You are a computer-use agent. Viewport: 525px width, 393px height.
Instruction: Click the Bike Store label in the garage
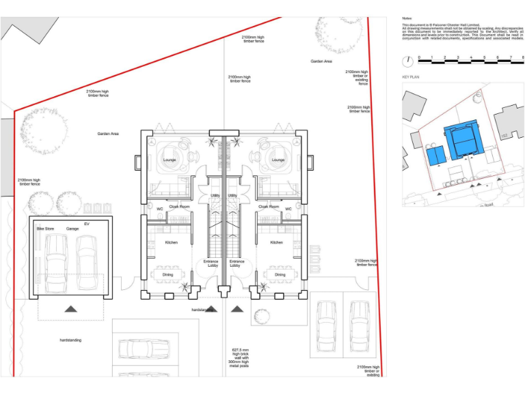45,229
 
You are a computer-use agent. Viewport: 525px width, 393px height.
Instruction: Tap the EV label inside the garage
87,224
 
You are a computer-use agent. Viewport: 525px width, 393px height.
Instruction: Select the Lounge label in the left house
170,160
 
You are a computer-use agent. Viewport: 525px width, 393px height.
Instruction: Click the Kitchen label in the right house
276,242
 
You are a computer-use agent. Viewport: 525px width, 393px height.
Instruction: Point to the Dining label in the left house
167,275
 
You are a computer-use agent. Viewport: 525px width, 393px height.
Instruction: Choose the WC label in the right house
288,209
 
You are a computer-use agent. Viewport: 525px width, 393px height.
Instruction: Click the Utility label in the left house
215,196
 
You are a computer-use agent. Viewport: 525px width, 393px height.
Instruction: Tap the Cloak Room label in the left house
179,206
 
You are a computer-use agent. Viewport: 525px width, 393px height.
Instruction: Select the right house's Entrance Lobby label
237,263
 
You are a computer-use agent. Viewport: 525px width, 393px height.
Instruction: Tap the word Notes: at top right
407,18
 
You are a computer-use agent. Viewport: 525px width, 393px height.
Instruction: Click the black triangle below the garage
70,309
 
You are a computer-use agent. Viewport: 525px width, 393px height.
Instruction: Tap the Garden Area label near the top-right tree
321,61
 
